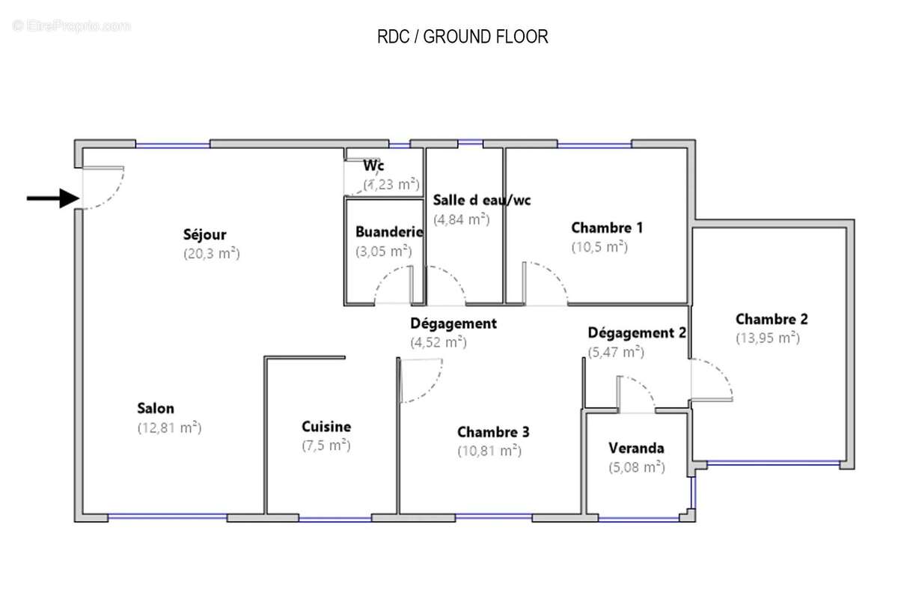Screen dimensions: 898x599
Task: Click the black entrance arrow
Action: click(53, 198)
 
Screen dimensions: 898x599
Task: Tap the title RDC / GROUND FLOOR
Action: click(462, 37)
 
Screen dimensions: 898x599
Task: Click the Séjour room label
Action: click(204, 234)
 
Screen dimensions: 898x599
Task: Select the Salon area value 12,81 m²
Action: click(169, 428)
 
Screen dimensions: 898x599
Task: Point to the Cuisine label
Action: click(326, 427)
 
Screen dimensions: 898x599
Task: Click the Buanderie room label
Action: click(389, 232)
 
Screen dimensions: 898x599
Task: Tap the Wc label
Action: click(373, 165)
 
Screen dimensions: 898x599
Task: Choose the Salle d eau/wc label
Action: click(482, 200)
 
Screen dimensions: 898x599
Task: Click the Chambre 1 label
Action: click(607, 228)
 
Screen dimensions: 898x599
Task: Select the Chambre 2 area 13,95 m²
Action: click(768, 338)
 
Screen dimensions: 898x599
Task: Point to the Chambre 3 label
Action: click(493, 432)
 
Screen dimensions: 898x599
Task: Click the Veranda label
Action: click(636, 449)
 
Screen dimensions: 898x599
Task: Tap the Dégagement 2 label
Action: click(637, 333)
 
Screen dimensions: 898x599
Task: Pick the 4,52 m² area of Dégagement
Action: click(439, 343)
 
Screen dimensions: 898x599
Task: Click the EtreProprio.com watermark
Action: click(71, 26)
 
